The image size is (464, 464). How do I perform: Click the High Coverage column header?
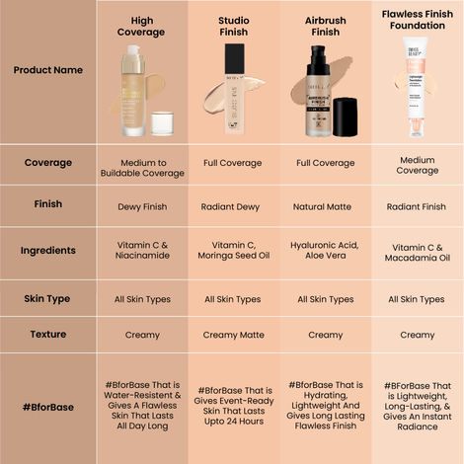(142, 26)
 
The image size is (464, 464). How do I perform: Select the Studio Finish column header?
(233, 26)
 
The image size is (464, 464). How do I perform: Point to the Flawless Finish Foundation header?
(417, 19)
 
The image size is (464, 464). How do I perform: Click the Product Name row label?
(47, 70)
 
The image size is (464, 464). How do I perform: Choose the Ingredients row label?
(47, 250)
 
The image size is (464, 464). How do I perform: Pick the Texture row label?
(47, 335)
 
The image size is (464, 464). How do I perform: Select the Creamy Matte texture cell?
(233, 335)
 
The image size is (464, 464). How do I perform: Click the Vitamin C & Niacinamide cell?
(142, 250)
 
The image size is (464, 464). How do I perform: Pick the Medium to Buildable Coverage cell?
(142, 168)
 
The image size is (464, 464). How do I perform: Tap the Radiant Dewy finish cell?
(233, 207)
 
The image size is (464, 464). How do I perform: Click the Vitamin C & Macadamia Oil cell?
(417, 250)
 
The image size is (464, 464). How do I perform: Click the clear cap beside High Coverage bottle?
(163, 122)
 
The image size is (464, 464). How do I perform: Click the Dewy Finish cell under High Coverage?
(142, 207)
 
